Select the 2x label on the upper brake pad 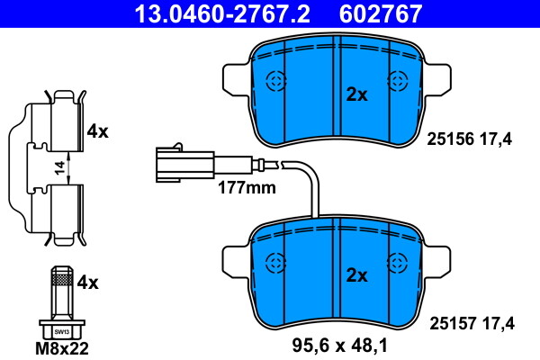click(x=357, y=94)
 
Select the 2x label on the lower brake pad click(x=357, y=275)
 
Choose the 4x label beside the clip click(x=96, y=131)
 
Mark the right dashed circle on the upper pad click(x=396, y=81)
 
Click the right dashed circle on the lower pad click(x=396, y=263)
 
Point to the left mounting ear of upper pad click(x=234, y=79)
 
